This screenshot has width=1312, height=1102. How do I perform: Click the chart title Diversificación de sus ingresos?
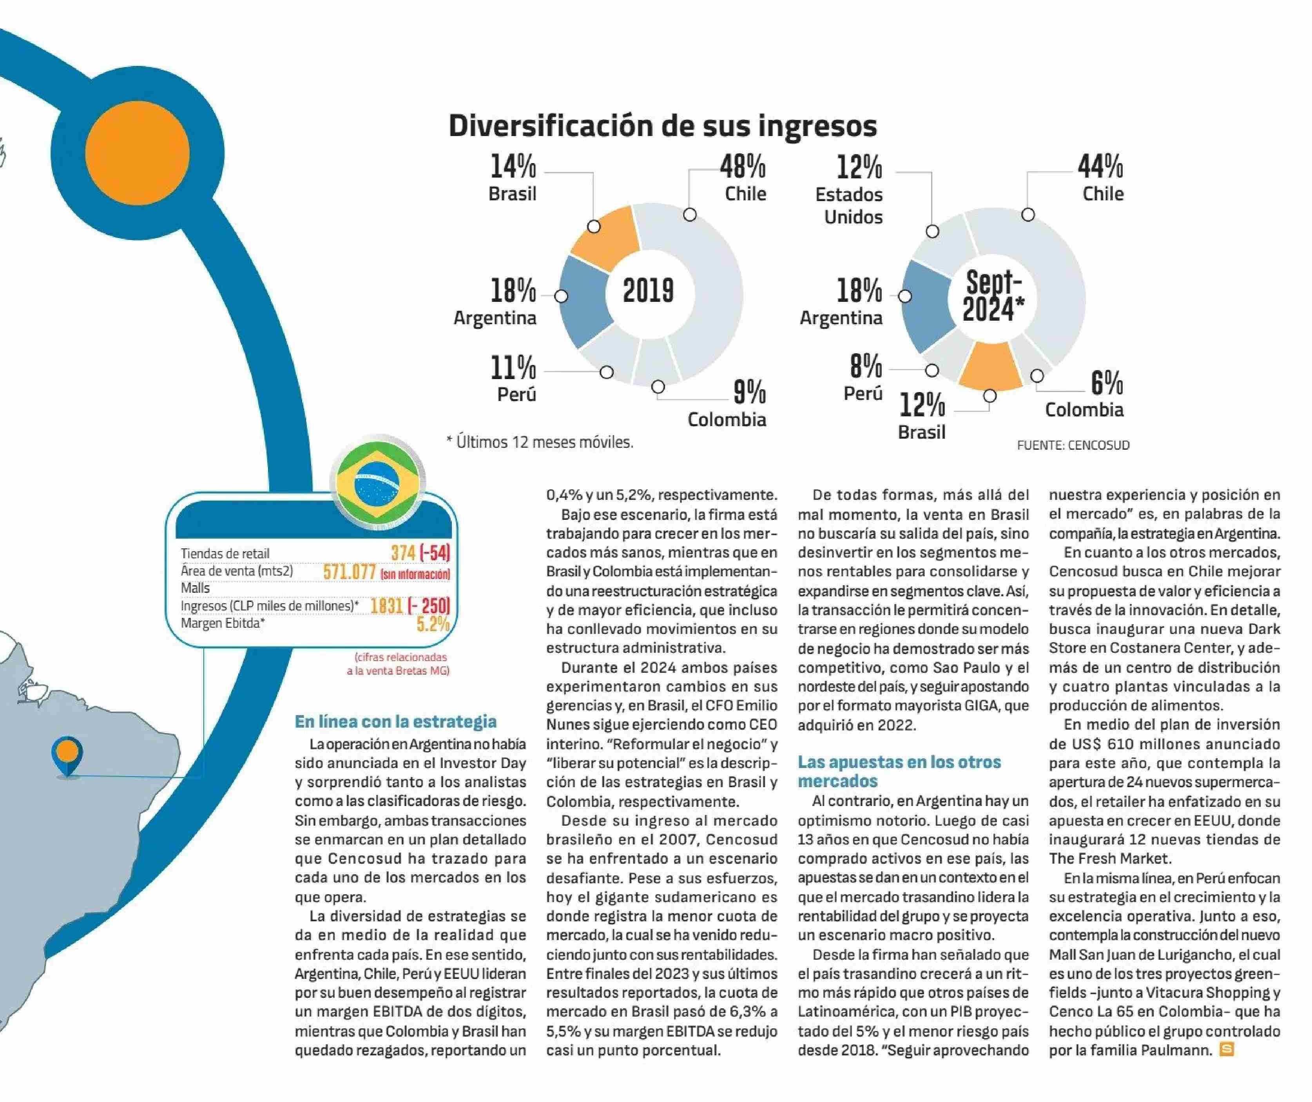(662, 125)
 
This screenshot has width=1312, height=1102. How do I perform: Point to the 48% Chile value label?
(743, 167)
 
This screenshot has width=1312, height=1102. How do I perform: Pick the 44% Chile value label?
(1100, 167)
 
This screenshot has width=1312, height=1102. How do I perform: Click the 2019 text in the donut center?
(649, 290)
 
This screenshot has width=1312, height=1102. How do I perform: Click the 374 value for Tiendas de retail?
(403, 552)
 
